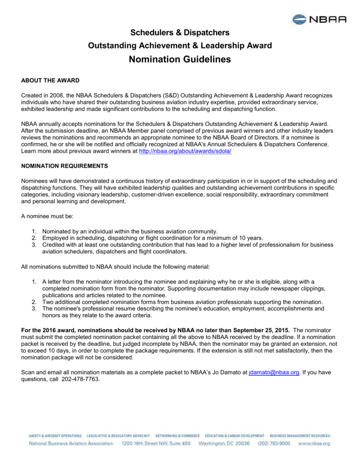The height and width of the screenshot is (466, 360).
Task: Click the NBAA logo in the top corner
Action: (x=319, y=19)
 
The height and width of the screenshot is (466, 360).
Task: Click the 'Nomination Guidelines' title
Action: (x=180, y=59)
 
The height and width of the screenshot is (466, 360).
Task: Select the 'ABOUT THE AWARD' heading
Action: (x=51, y=81)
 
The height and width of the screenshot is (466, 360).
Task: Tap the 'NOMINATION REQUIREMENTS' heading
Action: (x=65, y=166)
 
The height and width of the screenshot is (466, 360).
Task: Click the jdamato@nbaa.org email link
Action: (x=274, y=372)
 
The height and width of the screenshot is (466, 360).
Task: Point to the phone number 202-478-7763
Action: (x=80, y=379)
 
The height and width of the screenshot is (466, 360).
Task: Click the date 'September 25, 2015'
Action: (x=260, y=329)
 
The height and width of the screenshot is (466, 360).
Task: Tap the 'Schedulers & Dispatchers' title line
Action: (x=180, y=32)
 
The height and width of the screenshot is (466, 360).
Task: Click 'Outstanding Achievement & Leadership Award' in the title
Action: (x=180, y=46)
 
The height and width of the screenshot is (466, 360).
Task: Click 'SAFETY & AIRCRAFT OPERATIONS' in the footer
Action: (x=55, y=436)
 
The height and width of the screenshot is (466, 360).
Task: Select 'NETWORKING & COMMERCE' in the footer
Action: (x=177, y=436)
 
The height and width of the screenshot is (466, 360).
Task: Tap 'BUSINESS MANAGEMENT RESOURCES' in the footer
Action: (x=300, y=436)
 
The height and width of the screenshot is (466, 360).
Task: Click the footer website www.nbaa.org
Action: (x=314, y=443)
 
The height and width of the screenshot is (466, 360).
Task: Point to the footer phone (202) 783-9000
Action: (x=274, y=443)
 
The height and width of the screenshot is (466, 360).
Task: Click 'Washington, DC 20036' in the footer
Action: (x=224, y=443)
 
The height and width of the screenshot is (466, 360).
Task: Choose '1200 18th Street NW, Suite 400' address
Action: (x=156, y=443)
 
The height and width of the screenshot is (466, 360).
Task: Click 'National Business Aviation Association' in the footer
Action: (x=71, y=443)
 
